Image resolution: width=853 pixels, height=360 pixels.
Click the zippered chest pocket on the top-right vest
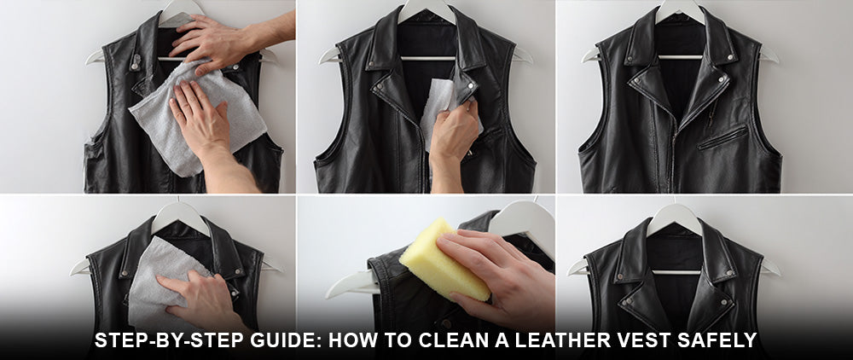[x=722, y=137]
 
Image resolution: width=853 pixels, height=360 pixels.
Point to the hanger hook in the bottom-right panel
[x=674, y=216]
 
